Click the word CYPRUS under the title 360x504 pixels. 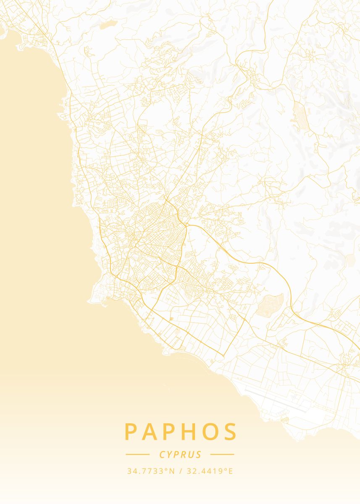pyautogui.click(x=180, y=454)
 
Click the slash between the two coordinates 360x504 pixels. pyautogui.click(x=180, y=471)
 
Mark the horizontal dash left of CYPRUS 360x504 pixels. pyautogui.click(x=137, y=454)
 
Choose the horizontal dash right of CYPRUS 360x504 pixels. pyautogui.click(x=222, y=454)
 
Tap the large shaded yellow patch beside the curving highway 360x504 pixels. pyautogui.click(x=269, y=305)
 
